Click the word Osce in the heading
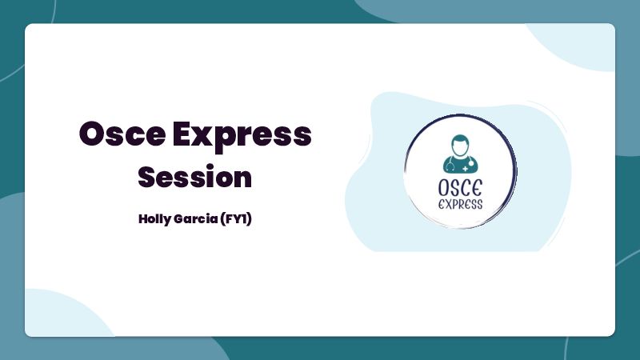click(122, 134)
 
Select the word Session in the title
click(194, 176)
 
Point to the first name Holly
click(154, 219)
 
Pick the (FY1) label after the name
click(236, 218)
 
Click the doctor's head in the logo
click(460, 146)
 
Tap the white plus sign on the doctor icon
click(466, 168)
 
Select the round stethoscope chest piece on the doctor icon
click(471, 163)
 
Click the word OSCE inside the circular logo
click(461, 188)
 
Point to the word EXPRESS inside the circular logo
click(461, 204)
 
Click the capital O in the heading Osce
click(93, 134)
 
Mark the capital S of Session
click(147, 176)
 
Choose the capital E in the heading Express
click(182, 134)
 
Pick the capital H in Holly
click(143, 218)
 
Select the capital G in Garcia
click(178, 218)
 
